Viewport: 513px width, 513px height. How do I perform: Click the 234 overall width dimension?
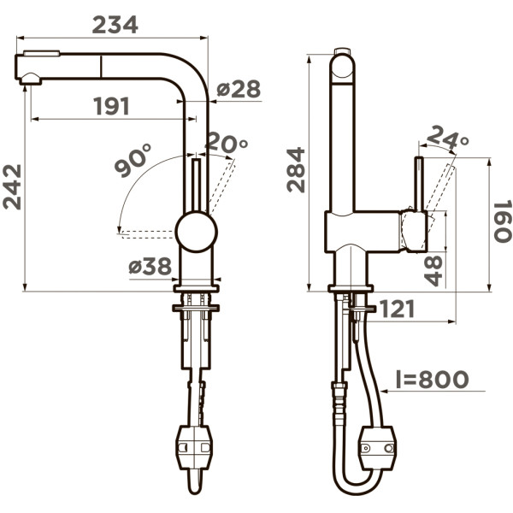click(x=115, y=25)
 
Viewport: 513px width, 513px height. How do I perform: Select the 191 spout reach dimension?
click(x=111, y=106)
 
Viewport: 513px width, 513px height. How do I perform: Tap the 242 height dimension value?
click(x=12, y=186)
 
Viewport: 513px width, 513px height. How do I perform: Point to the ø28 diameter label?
click(x=239, y=89)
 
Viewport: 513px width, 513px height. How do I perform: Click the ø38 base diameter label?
click(x=150, y=265)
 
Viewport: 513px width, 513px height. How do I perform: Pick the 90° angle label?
click(x=133, y=160)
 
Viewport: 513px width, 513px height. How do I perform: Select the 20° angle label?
click(x=227, y=142)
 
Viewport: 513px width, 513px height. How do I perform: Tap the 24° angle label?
click(x=448, y=137)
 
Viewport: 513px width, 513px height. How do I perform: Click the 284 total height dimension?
click(x=296, y=170)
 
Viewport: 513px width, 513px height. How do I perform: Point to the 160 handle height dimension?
click(x=502, y=221)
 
